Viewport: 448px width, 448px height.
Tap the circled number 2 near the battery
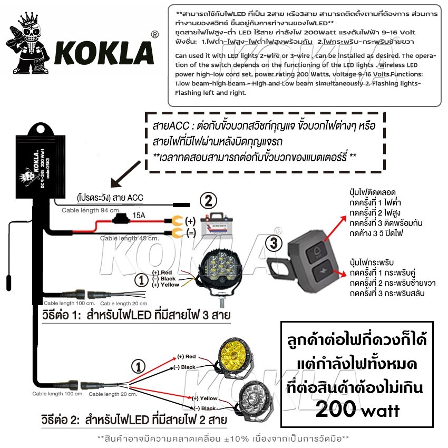pyautogui.click(x=209, y=200)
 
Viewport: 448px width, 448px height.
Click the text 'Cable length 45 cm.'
pyautogui.click(x=129, y=238)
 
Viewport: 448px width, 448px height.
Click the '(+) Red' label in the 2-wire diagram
pyautogui.click(x=187, y=357)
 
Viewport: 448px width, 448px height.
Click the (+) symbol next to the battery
pyautogui.click(x=190, y=221)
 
